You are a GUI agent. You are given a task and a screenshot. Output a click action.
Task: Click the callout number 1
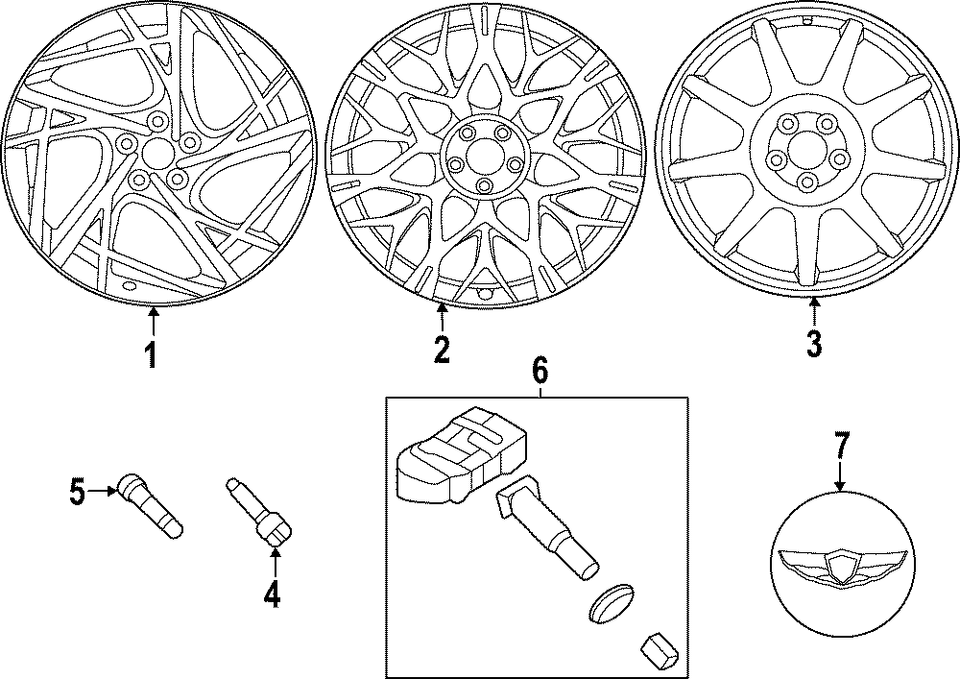click(151, 354)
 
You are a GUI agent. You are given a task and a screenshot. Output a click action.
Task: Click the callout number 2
click(441, 350)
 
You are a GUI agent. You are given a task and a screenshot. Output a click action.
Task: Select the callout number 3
click(813, 344)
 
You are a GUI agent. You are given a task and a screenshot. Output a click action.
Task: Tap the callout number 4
click(272, 595)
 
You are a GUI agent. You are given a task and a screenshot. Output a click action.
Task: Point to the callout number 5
click(78, 494)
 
